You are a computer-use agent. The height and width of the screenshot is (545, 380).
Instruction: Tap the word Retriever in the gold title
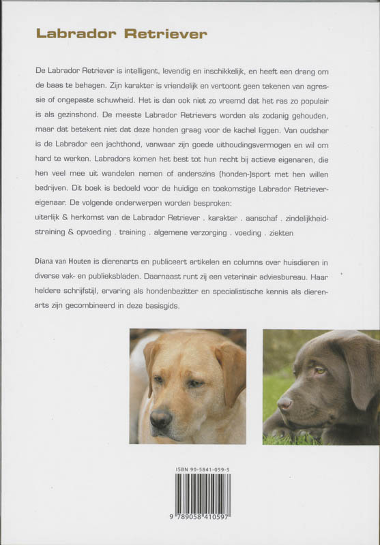[166, 34]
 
